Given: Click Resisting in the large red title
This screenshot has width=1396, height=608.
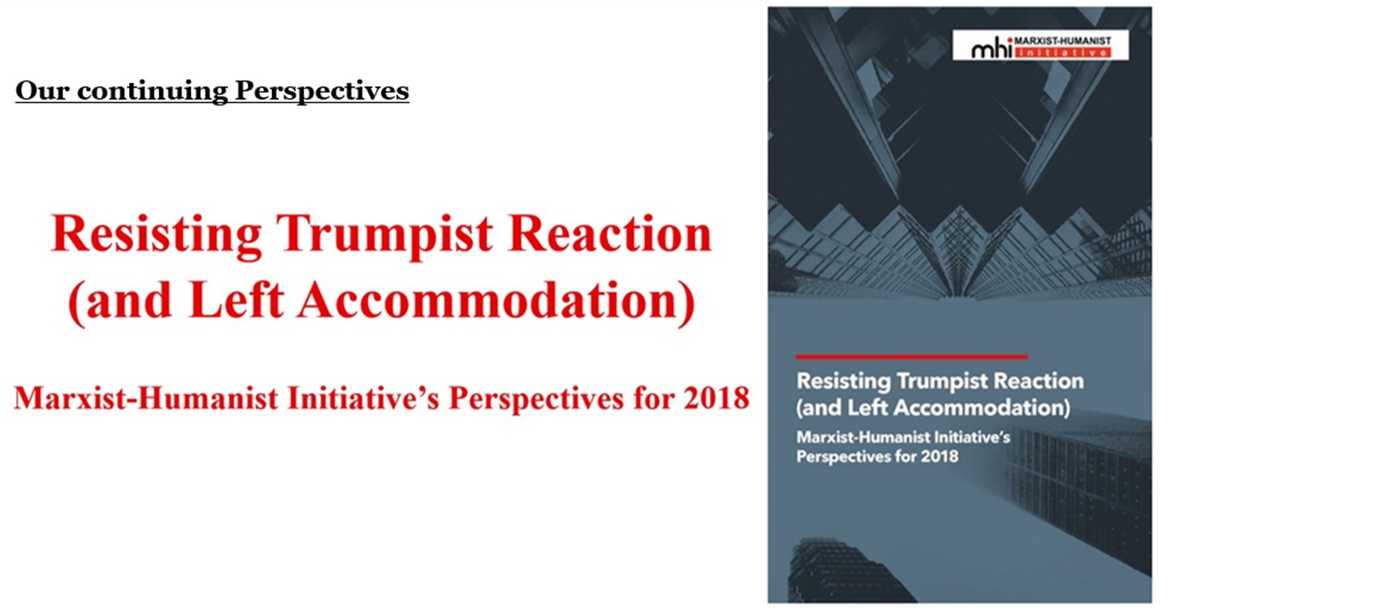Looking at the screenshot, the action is pos(156,235).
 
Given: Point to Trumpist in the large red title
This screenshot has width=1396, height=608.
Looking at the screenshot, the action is pos(384,235).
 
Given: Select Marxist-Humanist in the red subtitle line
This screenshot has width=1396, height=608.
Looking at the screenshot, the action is pos(146,398).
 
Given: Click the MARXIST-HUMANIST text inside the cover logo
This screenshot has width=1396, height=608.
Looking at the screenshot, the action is pos(1062,41).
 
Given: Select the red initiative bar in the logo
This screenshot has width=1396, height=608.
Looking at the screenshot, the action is pos(1062,53).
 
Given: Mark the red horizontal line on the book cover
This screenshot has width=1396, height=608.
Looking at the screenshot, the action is pos(911,356).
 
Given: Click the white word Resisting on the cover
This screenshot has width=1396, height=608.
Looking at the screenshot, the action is pos(844,382).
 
